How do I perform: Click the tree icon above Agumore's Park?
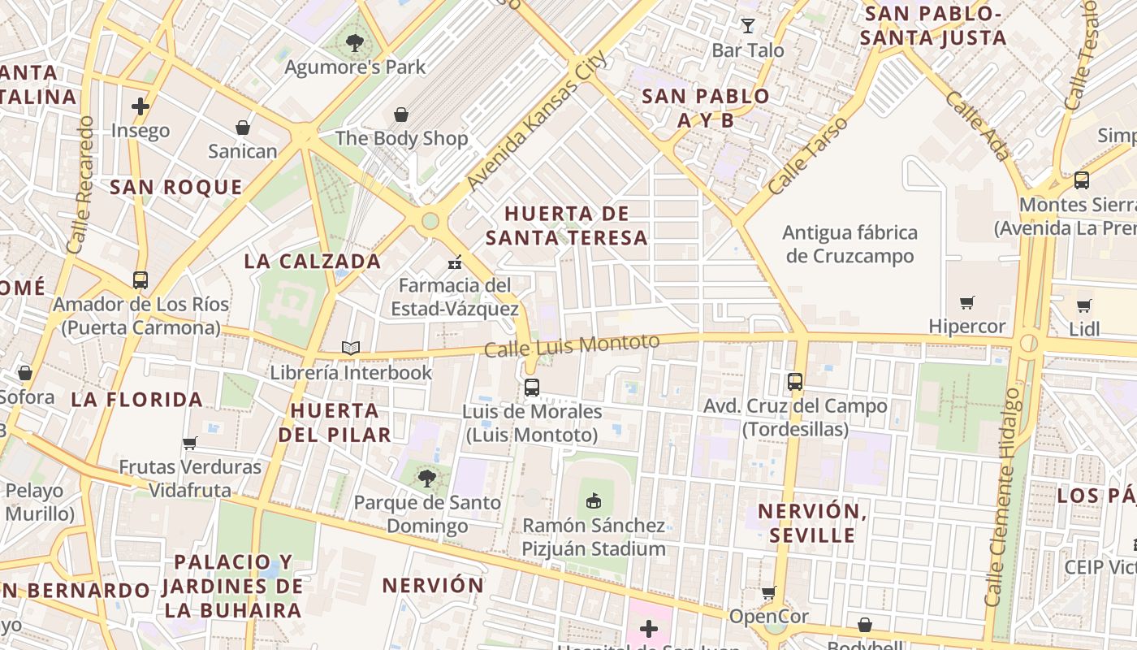coord(354,43)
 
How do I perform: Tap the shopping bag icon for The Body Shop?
coord(400,115)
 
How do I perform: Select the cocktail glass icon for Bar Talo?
coord(747,26)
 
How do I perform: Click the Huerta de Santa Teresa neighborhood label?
coord(567,225)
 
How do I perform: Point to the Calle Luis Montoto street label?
coord(572,345)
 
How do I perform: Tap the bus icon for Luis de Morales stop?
coord(532,388)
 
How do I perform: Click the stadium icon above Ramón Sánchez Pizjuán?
coord(594,500)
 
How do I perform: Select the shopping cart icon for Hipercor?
coord(966,303)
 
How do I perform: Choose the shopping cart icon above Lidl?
coord(1083,305)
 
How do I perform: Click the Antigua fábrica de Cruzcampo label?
coord(850,244)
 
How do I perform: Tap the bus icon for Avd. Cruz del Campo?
coord(794,381)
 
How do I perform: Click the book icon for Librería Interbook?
coord(350,349)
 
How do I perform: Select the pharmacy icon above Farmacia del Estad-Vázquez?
coord(455,262)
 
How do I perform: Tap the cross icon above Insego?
coord(141,106)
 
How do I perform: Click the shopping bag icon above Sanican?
coord(242,128)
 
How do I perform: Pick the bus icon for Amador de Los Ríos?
coord(141,280)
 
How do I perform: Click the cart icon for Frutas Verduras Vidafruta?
coord(190,443)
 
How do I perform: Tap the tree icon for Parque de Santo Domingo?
coord(427,479)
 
